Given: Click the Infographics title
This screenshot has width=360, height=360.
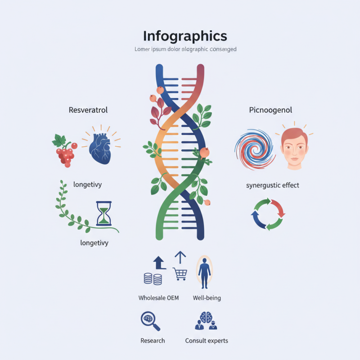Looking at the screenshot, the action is [x=185, y=36].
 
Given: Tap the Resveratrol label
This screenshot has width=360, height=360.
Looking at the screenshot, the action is [x=88, y=110].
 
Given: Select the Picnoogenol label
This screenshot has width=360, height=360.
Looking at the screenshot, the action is [x=270, y=110].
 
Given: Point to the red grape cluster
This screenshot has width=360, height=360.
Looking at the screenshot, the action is [x=65, y=151].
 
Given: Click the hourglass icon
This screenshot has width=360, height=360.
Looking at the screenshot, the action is [x=104, y=213].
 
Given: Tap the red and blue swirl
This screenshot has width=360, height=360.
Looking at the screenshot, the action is [x=255, y=149].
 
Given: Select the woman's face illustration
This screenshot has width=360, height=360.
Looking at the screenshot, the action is [x=294, y=149].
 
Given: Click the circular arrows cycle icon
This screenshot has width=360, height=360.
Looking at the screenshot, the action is [x=268, y=214].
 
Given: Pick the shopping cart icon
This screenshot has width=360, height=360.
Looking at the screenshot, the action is [x=180, y=274].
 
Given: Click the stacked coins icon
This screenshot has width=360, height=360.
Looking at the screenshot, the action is [x=153, y=279].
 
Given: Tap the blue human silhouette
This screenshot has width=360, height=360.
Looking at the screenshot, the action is [x=204, y=273].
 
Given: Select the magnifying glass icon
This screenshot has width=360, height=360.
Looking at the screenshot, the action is [x=150, y=321].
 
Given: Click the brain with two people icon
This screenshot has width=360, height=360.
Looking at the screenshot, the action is [x=206, y=320].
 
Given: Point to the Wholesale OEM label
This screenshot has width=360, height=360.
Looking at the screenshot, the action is [x=158, y=298].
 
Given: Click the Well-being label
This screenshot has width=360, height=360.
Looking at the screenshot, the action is [x=207, y=298].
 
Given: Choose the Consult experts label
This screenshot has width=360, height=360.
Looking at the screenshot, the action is [x=207, y=341].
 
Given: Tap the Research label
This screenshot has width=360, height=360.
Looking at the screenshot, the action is [x=153, y=341].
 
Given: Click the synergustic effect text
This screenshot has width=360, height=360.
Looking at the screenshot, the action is [x=273, y=185].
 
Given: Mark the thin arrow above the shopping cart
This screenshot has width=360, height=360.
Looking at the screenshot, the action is [x=180, y=257].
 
